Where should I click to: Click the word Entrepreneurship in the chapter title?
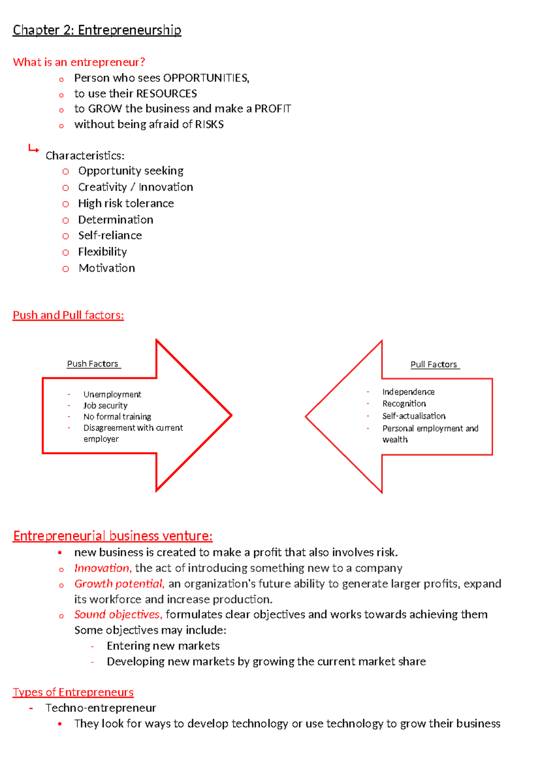point(130,30)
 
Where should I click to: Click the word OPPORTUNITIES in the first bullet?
point(206,78)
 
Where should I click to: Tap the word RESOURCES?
point(166,94)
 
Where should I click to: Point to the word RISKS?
point(209,124)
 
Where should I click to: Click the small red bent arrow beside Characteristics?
point(33,148)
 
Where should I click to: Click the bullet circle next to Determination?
point(66,220)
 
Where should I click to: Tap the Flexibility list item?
point(103,252)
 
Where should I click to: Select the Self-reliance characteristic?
point(110,236)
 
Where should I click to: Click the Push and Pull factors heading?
point(68,315)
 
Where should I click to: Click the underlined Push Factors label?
point(93,364)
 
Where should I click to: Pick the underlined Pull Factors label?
point(434,364)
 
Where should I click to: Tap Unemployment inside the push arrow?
point(112,395)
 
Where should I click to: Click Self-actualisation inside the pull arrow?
point(414,416)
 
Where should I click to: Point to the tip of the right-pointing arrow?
point(230,415)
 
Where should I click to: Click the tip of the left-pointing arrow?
point(307,416)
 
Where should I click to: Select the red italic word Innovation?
point(102,568)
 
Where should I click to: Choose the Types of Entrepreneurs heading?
point(73,692)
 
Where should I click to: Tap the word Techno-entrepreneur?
point(101,708)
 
